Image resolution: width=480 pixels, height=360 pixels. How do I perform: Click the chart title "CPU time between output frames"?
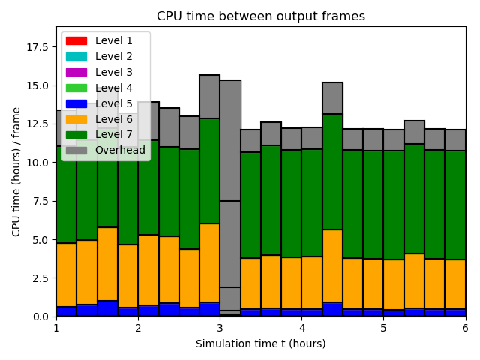pyautogui.click(x=261, y=16)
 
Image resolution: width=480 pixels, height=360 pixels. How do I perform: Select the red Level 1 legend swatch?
pyautogui.click(x=76, y=40)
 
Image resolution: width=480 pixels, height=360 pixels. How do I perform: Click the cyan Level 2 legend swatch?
pyautogui.click(x=76, y=56)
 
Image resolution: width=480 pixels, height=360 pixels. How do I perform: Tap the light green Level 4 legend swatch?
pyautogui.click(x=76, y=88)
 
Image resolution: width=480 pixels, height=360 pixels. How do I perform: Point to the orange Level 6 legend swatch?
pyautogui.click(x=76, y=119)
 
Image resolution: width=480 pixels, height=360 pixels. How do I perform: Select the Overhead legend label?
pyautogui.click(x=119, y=151)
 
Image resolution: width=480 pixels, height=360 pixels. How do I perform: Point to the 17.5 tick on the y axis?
pyautogui.click(x=39, y=47)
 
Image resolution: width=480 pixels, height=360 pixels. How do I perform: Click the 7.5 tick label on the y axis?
pyautogui.click(x=42, y=201)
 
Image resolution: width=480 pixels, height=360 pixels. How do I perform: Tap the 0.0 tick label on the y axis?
pyautogui.click(x=42, y=316)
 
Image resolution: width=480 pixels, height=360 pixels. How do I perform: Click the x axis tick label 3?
pyautogui.click(x=220, y=328)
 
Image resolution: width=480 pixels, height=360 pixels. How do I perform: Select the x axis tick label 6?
pyautogui.click(x=465, y=328)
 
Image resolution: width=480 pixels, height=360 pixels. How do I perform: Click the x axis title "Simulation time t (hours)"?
pyautogui.click(x=261, y=343)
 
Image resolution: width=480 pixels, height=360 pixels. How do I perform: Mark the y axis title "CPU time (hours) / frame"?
pyautogui.click(x=16, y=172)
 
